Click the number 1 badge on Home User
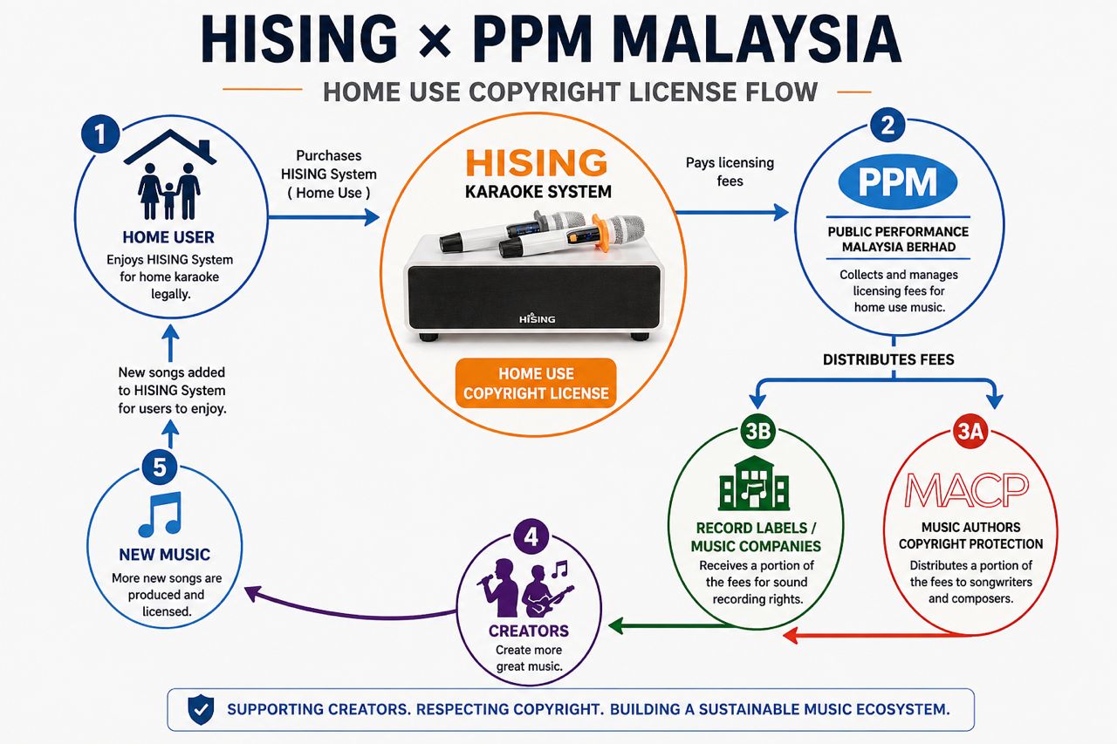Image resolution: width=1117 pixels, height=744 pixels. (100, 133)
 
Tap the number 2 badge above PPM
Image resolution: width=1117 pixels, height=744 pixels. (887, 125)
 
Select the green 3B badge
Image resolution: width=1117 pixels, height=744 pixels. (757, 431)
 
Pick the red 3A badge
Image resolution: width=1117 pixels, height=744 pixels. (970, 431)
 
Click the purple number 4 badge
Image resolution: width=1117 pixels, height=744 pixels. (531, 537)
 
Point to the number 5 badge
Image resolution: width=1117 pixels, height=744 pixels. (160, 468)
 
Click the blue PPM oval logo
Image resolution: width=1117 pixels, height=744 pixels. (898, 182)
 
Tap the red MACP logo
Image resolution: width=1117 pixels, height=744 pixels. (967, 490)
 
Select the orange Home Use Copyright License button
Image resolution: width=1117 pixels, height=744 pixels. (536, 383)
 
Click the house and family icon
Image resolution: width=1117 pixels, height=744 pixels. (170, 174)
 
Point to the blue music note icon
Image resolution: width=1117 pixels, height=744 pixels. (160, 515)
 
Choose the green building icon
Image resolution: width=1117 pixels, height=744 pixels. (754, 483)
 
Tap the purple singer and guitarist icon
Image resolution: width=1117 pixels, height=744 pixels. (525, 588)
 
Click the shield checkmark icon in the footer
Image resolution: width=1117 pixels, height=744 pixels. (201, 710)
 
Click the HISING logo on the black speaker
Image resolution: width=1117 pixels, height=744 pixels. (537, 318)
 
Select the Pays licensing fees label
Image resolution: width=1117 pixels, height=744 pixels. (730, 172)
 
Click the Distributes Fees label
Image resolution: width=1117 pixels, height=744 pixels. (888, 359)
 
